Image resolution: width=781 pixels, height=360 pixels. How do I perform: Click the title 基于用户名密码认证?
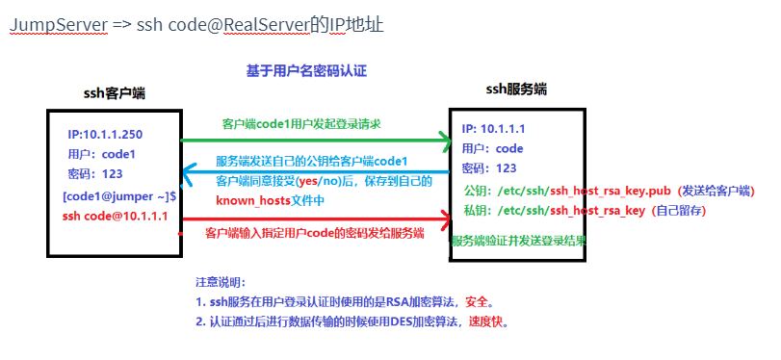tap(306, 70)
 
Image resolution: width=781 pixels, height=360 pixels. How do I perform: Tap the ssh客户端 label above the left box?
tap(114, 92)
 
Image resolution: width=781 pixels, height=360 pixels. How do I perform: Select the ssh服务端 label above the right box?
tap(515, 89)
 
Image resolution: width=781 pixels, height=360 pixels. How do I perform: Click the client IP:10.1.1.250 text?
tap(105, 134)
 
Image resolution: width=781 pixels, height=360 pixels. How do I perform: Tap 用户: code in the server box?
tap(492, 149)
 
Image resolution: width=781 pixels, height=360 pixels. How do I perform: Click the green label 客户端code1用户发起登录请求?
tap(300, 124)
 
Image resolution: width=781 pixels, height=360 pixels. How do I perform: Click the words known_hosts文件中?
tap(270, 199)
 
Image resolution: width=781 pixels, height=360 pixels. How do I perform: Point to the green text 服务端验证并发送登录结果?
tap(519, 241)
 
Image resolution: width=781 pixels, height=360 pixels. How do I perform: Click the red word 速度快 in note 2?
tap(487, 321)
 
